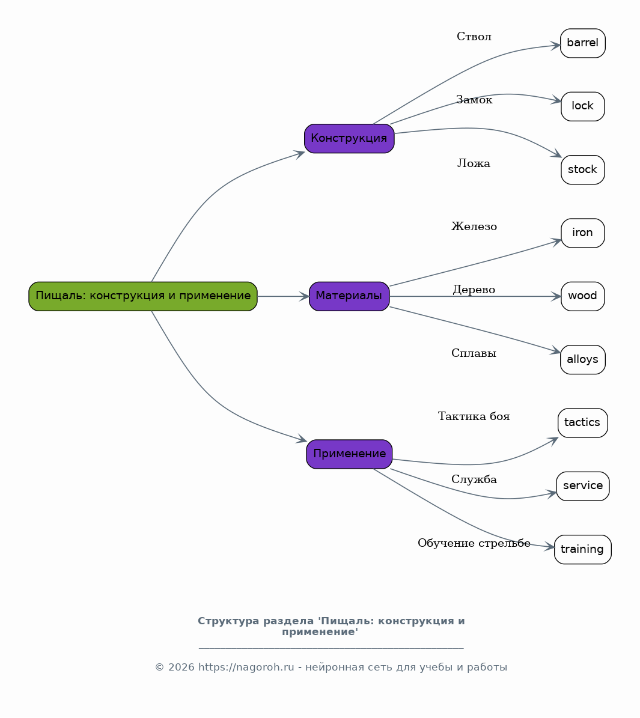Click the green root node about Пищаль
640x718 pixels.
(143, 296)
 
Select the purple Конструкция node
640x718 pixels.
(349, 138)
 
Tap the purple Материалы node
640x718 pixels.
(349, 296)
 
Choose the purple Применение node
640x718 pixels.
(349, 454)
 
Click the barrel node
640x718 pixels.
(583, 43)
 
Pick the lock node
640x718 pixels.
(583, 107)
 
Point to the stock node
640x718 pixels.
(583, 170)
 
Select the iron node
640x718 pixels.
(583, 233)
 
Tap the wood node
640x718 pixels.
(583, 296)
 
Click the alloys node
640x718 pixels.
(583, 359)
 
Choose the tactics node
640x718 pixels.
(583, 422)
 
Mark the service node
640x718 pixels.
(583, 486)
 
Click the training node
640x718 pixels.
(583, 550)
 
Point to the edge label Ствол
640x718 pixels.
(474, 37)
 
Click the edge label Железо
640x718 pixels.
(474, 226)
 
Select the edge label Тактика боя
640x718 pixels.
(474, 416)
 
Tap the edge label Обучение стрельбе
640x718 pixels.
(474, 543)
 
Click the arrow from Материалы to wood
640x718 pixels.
(475, 296)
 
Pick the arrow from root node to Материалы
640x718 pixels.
(283, 296)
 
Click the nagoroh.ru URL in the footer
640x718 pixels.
(246, 667)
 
